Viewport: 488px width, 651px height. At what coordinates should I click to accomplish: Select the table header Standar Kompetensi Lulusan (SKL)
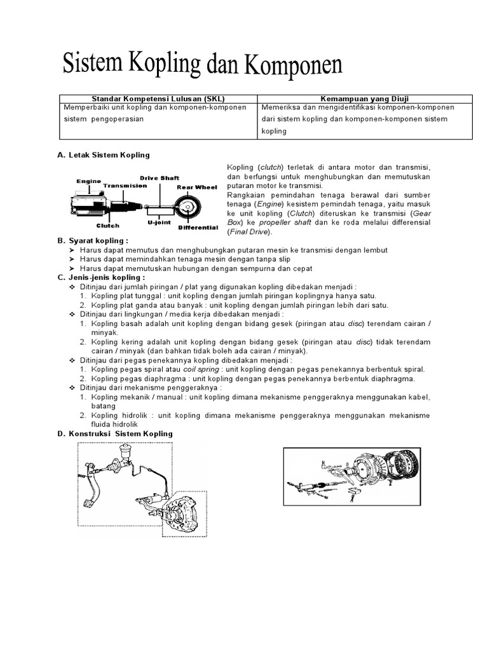point(158,99)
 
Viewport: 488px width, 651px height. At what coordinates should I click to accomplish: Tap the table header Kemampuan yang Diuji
point(365,99)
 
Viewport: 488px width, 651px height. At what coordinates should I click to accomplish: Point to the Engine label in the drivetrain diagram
point(89,181)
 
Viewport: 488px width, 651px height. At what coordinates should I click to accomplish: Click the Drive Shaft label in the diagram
point(159,178)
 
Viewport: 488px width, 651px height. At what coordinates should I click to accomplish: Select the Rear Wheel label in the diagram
point(197,187)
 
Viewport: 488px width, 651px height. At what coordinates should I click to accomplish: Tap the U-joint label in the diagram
point(159,223)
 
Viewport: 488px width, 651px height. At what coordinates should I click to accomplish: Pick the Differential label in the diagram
point(198,227)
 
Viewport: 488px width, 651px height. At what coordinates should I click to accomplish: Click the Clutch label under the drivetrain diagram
point(107,225)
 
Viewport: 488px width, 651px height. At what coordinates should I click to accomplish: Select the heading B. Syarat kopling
point(93,241)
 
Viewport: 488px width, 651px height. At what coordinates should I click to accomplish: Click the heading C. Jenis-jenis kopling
point(101,277)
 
